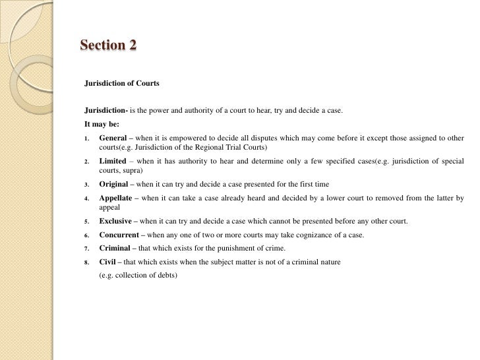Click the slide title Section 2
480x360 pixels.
[108, 45]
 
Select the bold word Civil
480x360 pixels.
[108, 262]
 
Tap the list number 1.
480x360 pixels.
[86, 138]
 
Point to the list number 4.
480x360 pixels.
[86, 198]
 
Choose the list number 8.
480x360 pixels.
[86, 262]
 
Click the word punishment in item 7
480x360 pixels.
[227, 249]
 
